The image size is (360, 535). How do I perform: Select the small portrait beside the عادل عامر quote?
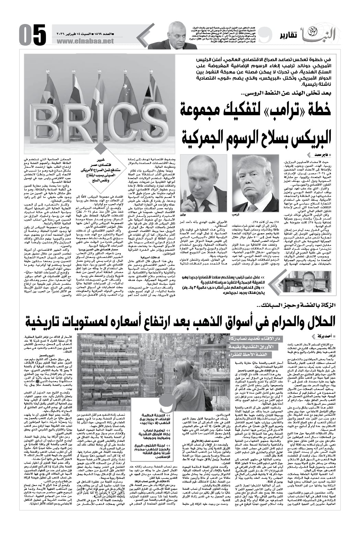(x=296, y=284)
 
